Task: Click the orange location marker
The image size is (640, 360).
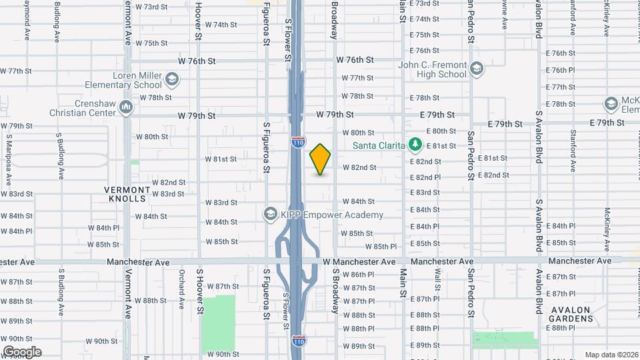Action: tap(321, 159)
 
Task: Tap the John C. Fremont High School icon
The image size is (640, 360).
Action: tap(477, 69)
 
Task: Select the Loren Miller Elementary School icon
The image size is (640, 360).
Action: tap(172, 81)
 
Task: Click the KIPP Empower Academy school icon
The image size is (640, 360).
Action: tap(270, 214)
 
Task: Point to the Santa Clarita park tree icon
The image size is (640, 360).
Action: tap(415, 145)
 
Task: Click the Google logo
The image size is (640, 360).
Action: tap(22, 351)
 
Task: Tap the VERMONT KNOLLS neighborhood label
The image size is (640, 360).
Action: tap(125, 194)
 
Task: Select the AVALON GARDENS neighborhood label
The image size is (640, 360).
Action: tap(571, 314)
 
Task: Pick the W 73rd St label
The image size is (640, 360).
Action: tap(151, 7)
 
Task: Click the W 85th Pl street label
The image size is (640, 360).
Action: tap(381, 247)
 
